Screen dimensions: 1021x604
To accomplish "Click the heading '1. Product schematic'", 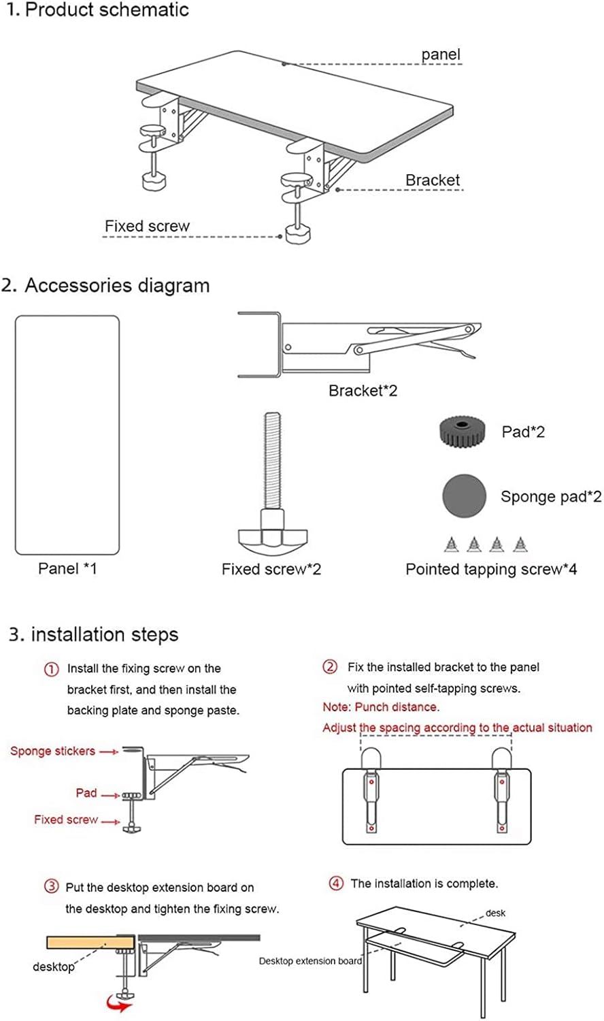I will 97,10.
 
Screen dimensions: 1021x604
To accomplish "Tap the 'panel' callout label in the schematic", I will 441,54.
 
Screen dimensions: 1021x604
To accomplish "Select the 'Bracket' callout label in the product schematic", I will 433,180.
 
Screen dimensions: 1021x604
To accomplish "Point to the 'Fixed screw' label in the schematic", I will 147,226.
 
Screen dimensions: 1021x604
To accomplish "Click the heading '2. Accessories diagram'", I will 105,285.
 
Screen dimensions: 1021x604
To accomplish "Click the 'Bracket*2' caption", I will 363,391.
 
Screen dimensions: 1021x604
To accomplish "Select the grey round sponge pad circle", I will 464,496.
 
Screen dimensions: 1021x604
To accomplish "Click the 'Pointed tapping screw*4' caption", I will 491,569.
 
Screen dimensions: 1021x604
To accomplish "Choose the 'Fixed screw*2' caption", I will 271,569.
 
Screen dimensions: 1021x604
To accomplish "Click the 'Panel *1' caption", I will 67,568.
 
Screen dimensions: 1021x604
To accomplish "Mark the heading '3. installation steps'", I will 93,634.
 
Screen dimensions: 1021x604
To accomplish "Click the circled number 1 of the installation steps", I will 52,669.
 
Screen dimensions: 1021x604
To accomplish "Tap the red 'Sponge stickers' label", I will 52,751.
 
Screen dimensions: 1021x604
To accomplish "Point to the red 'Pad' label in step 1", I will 86,793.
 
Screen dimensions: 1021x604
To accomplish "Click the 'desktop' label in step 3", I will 54,967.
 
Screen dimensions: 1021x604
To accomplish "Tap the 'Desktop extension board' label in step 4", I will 310,961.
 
